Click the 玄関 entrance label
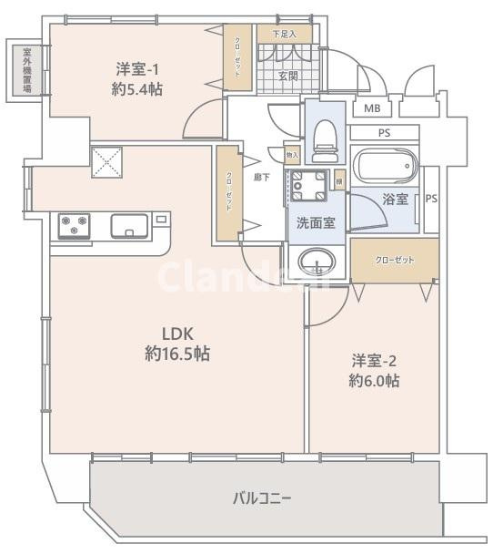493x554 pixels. coord(288,76)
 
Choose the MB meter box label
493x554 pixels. coord(373,109)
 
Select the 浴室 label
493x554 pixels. coord(396,199)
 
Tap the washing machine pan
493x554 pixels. coord(307,188)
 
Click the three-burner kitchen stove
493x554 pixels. coord(75,224)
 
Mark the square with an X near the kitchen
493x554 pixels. coord(106,161)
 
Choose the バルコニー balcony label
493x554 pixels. coord(262,498)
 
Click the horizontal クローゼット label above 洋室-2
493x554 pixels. coord(395,260)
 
